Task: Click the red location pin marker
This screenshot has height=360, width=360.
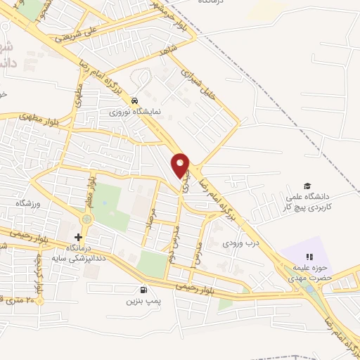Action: coord(181,165)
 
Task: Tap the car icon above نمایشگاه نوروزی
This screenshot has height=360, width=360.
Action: coord(143,100)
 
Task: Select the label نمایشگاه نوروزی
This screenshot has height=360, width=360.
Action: coord(139,111)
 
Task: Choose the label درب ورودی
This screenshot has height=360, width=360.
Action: coord(236,244)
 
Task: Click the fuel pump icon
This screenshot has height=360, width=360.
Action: coord(145,290)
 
